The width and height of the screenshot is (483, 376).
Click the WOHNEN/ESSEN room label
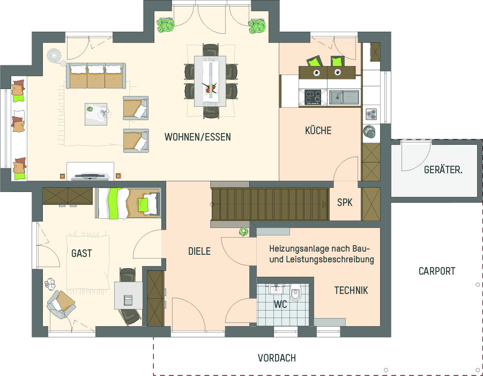click(x=197, y=137)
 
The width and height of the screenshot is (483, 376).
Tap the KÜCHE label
click(x=318, y=130)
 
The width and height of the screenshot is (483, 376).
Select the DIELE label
click(x=199, y=251)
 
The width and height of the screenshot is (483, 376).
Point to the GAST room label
click(x=81, y=253)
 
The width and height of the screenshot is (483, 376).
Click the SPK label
click(x=345, y=203)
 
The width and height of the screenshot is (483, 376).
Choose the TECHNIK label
click(x=351, y=290)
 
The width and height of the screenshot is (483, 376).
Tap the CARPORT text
click(x=437, y=271)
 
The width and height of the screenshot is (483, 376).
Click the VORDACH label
click(x=277, y=358)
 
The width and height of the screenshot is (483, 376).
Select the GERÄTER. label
click(x=443, y=169)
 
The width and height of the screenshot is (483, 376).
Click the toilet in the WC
click(x=296, y=292)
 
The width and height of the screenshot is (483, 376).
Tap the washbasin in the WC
click(x=276, y=289)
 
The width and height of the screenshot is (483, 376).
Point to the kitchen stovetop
click(x=313, y=97)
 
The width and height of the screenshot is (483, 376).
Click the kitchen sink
click(x=344, y=97)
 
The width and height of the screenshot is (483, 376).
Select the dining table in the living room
click(x=210, y=81)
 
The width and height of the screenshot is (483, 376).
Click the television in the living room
click(x=90, y=176)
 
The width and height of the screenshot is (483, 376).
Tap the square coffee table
click(x=96, y=114)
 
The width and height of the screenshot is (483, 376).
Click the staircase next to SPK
click(x=270, y=204)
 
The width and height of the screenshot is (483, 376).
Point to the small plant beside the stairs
click(x=244, y=232)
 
